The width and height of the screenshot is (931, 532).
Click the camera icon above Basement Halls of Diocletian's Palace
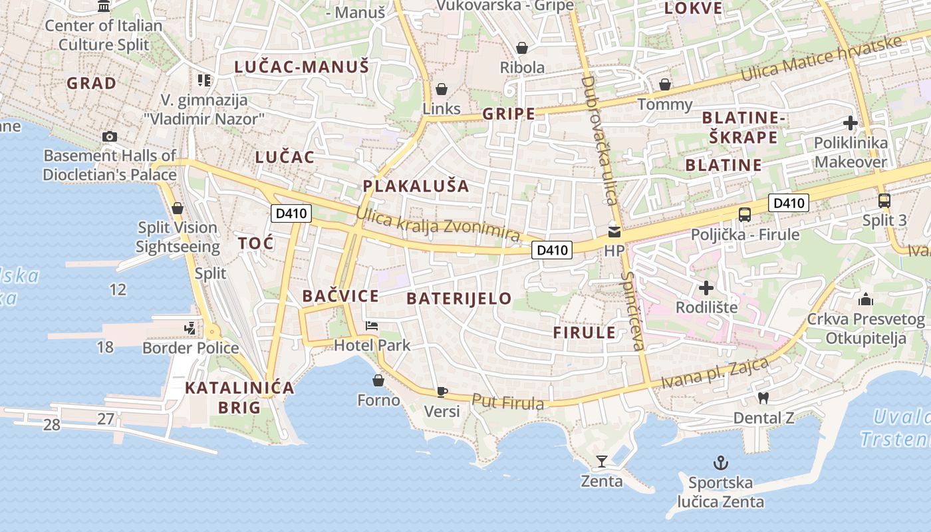pyautogui.click(x=110, y=136)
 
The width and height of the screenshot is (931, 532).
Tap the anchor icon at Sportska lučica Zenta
pyautogui.click(x=720, y=462)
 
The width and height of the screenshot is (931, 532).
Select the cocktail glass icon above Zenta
pyautogui.click(x=602, y=461)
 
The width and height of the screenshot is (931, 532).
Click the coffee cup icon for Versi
pyautogui.click(x=442, y=392)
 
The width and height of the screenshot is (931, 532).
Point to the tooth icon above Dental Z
pyautogui.click(x=763, y=398)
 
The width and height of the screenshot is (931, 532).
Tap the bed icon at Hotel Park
pyautogui.click(x=372, y=326)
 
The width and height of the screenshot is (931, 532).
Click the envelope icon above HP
pyautogui.click(x=614, y=232)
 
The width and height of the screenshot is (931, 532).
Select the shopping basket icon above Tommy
pyautogui.click(x=664, y=84)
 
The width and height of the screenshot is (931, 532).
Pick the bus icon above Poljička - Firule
pyautogui.click(x=745, y=214)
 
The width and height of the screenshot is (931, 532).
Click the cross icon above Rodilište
pyautogui.click(x=706, y=288)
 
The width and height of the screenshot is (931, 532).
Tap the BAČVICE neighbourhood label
pyautogui.click(x=340, y=297)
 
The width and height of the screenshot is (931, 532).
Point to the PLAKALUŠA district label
pyautogui.click(x=416, y=186)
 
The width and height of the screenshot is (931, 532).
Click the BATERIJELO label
pyautogui.click(x=459, y=299)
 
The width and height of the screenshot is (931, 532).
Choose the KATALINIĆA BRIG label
pyautogui.click(x=239, y=398)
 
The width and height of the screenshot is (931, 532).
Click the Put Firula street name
pyautogui.click(x=508, y=402)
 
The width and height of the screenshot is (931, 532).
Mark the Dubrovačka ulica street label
pyautogui.click(x=599, y=140)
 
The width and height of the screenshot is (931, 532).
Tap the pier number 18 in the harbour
pyautogui.click(x=105, y=347)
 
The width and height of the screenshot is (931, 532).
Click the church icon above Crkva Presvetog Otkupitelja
pyautogui.click(x=865, y=299)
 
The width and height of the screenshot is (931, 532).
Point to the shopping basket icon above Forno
pyautogui.click(x=378, y=380)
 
